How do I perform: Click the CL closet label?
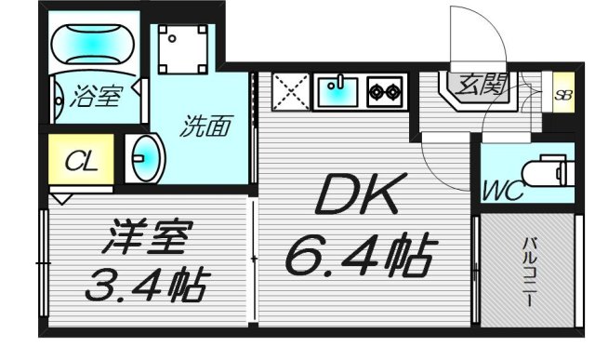(81, 162)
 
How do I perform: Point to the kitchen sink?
(338, 92)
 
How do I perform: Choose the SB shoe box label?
(562, 94)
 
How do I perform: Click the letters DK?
(359, 196)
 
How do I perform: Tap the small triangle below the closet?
(61, 199)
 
